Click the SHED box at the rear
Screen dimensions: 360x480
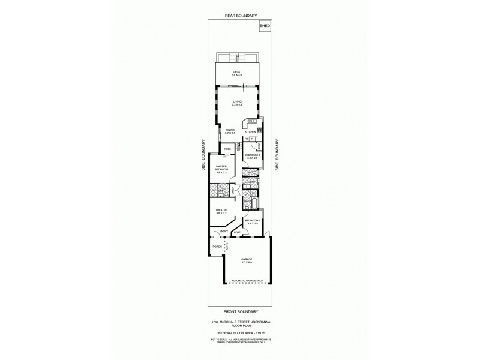(264, 26)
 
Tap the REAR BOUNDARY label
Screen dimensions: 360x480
(240, 16)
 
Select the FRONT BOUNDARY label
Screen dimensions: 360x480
(240, 311)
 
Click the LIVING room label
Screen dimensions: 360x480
(238, 103)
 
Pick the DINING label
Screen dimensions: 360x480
(230, 131)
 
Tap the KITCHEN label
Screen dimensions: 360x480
(258, 131)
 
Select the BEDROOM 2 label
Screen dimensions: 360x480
(253, 221)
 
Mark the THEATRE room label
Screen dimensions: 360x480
(221, 211)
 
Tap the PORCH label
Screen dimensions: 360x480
(217, 247)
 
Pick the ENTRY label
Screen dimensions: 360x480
(223, 232)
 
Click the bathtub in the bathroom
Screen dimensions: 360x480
(254, 208)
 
